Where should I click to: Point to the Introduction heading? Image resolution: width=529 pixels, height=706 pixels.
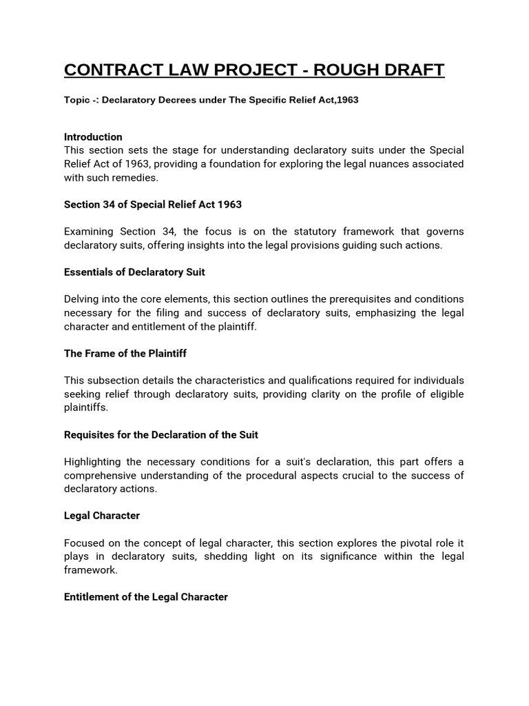point(93,137)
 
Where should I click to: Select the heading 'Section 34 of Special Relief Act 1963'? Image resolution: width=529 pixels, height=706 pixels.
point(153,205)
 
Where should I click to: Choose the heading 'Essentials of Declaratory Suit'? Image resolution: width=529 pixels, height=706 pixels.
point(134,272)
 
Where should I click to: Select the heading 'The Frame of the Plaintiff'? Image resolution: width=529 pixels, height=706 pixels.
point(125,354)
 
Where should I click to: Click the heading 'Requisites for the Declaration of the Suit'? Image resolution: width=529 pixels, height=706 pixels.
point(161,435)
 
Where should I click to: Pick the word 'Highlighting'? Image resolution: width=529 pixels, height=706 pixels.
point(93,462)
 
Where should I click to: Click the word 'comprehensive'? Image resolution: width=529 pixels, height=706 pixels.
point(100,476)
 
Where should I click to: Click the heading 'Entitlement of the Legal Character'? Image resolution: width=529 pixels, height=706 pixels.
point(146,597)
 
